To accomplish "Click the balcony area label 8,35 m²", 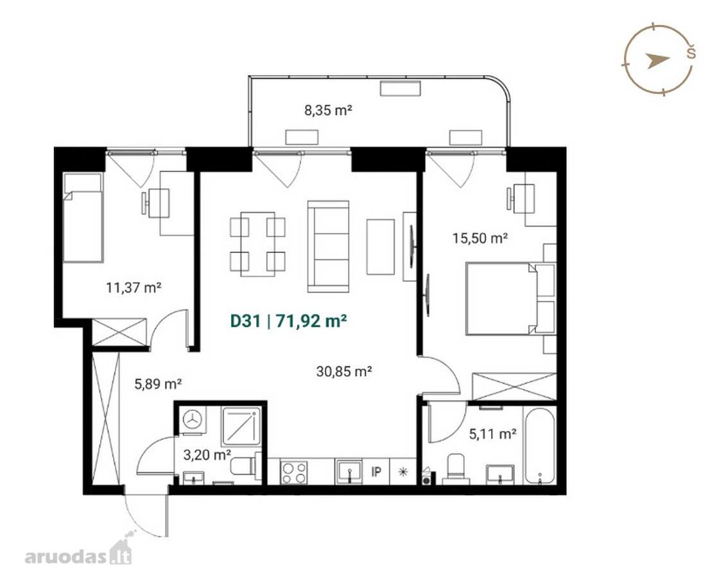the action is pos(328,110).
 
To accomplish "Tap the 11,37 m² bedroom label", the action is pos(134,288).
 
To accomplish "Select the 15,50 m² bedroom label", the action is pos(480,238).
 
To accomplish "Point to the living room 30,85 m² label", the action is pos(344,371).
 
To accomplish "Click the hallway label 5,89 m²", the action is pos(158,383).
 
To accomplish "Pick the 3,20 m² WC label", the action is pos(207,455).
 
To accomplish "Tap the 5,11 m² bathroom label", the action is pos(493,433).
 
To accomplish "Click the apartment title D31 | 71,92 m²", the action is pos(288,321).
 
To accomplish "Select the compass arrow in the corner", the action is pos(657,60).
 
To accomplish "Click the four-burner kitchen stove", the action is pos(294,472).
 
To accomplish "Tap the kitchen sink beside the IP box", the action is pos(349,472).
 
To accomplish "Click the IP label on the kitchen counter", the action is pos(376,471).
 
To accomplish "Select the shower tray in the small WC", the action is pos(241,426).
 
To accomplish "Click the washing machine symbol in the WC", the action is pos(193,419).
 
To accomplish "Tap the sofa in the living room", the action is pos(328,246).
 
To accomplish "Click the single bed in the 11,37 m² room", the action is pos(82,217).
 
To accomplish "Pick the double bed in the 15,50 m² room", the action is pos(501,299).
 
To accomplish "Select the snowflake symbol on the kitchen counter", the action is pos(403,472).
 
